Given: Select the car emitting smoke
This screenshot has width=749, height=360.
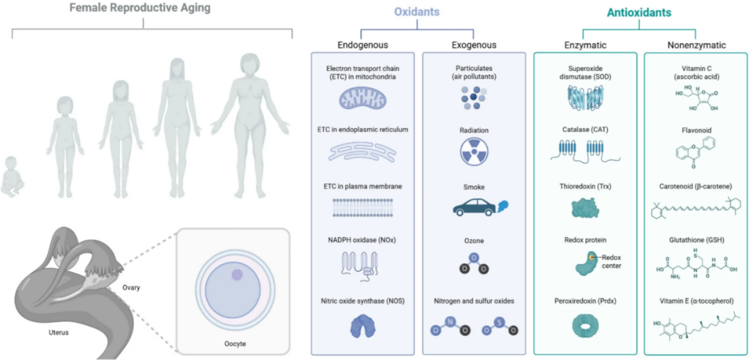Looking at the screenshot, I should click(475, 209).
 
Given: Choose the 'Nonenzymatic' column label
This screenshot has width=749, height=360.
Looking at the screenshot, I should click(696, 45).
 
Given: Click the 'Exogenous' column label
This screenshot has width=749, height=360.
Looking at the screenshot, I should click(473, 45).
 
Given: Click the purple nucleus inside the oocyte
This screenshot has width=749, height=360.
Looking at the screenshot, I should click(237, 274).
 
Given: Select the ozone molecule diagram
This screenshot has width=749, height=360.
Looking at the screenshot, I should click(474, 263).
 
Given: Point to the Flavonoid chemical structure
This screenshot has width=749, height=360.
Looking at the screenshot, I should click(695, 152).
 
